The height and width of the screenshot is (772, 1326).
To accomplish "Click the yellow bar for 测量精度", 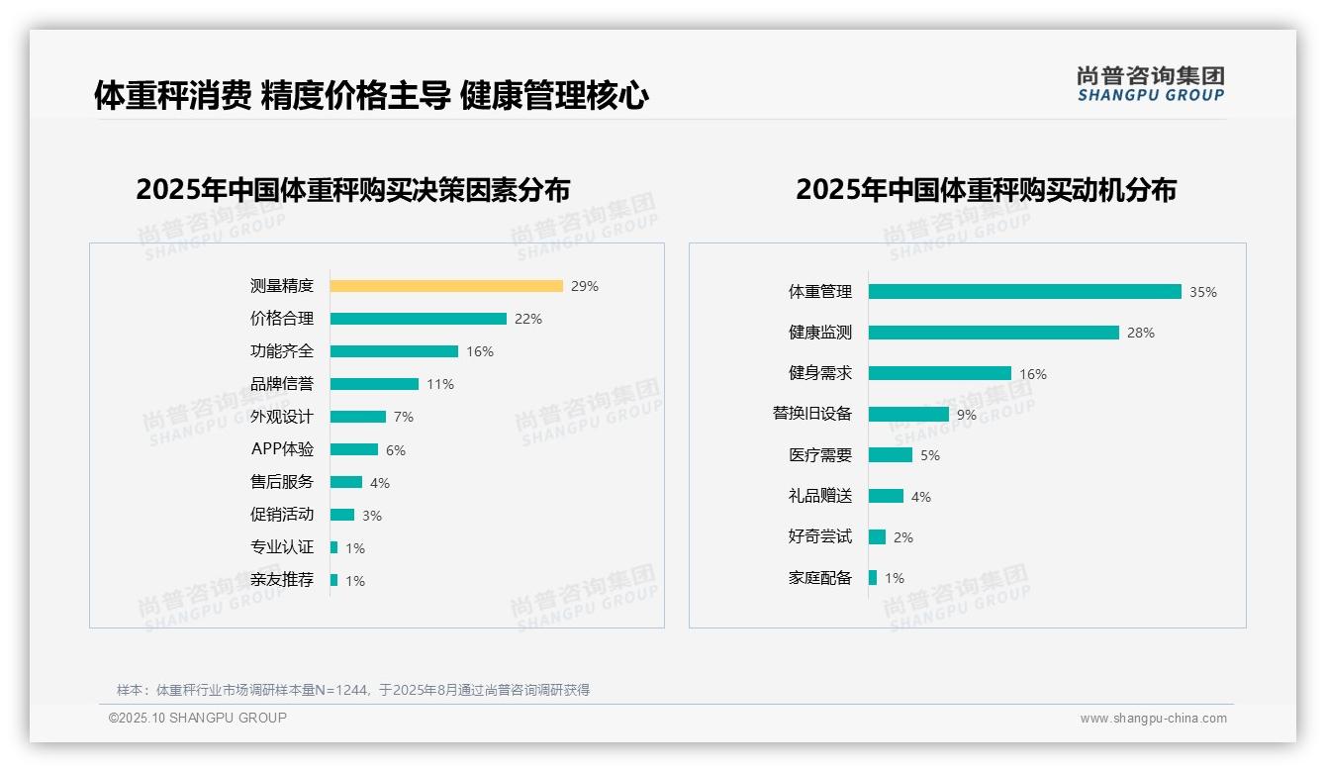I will click(x=446, y=286).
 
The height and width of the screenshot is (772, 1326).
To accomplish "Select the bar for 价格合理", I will click(x=418, y=319).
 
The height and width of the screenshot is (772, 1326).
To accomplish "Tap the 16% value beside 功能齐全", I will click(x=480, y=351).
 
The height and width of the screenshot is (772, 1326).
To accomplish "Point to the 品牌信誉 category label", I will click(x=282, y=384).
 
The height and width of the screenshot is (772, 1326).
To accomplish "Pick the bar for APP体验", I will click(x=354, y=449).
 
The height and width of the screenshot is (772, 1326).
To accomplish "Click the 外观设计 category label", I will click(x=282, y=417).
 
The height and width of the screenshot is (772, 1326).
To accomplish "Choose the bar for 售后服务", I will click(x=346, y=482).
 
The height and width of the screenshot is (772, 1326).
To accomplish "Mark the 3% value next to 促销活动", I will click(x=372, y=516).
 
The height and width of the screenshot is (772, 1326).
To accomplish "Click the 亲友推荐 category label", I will click(x=282, y=580).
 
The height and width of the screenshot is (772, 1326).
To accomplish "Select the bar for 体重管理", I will click(x=1024, y=292).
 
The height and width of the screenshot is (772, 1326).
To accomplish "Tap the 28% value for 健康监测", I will click(x=1141, y=333).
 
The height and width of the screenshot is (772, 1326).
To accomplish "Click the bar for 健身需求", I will click(x=940, y=373).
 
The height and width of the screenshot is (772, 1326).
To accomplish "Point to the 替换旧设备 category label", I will click(x=812, y=414).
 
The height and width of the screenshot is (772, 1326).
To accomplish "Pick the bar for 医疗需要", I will click(x=891, y=455).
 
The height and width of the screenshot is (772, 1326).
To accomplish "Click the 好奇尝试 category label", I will click(x=820, y=536).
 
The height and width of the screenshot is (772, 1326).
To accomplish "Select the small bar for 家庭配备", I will click(x=873, y=577).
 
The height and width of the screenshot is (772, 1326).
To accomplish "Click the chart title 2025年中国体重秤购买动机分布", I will click(x=986, y=189).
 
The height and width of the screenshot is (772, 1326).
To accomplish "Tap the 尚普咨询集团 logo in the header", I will click(x=1151, y=83).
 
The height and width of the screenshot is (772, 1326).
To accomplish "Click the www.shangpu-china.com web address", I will click(x=1153, y=719).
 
